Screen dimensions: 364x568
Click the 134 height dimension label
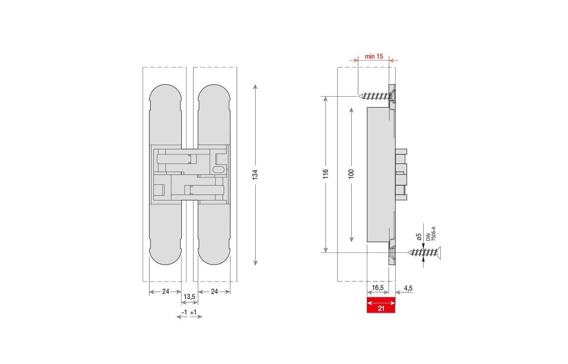(x=255, y=174)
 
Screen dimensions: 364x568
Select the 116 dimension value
(x=325, y=174)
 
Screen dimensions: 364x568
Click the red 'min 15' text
(x=373, y=56)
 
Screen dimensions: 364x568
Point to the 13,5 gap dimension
(x=189, y=297)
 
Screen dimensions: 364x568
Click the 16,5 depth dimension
(x=378, y=288)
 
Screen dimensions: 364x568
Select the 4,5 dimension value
(x=408, y=288)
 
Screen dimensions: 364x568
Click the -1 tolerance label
(x=185, y=312)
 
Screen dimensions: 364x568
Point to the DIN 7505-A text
(x=431, y=233)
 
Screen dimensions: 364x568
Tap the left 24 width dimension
(x=166, y=291)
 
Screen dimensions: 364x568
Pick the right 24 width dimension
(x=214, y=291)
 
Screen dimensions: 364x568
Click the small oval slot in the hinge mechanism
(x=219, y=169)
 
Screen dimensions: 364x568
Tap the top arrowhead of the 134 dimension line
(x=255, y=87)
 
